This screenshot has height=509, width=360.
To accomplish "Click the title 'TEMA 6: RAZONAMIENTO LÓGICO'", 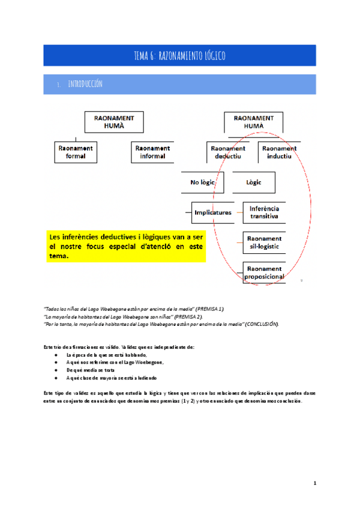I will pos(180,56).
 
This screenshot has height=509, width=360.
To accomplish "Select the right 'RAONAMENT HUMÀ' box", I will pos(253,122).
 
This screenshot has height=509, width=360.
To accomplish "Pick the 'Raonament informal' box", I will pos(152,152).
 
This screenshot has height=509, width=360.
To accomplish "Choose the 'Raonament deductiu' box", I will pos(228,152).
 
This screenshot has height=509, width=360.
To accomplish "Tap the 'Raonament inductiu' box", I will pos(279,152).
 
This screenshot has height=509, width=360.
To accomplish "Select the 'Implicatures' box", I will pos(212,212).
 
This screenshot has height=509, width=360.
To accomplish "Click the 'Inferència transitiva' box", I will pos(264,212).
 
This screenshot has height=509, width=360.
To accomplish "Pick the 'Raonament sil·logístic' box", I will pos(263,242).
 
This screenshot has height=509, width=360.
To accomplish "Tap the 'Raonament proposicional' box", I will pos(263,273).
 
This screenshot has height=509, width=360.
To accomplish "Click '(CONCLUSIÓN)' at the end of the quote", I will pos(262,324).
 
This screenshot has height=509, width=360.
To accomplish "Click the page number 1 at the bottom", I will pos(314,483).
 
